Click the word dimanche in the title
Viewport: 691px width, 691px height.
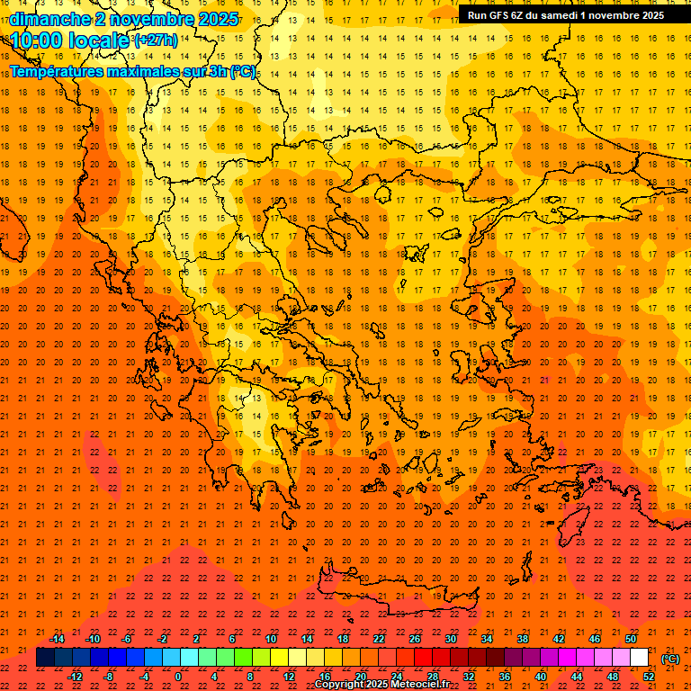coord(49,19)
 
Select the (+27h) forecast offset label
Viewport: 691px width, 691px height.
coord(155,40)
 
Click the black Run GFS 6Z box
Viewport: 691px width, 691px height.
coord(565,14)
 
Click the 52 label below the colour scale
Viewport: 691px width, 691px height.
coord(649,677)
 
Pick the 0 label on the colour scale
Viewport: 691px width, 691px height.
coord(178,677)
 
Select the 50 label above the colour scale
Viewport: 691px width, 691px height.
coord(631,639)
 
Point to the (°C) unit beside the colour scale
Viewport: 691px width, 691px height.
coord(670,659)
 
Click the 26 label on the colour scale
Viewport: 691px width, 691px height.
coord(415,639)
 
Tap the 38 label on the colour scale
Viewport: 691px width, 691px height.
coord(523,639)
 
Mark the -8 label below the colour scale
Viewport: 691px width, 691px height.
coord(109,677)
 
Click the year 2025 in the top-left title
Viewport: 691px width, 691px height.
coord(217,19)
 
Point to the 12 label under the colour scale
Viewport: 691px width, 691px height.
coord(289,677)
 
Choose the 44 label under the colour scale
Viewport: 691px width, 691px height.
coord(577,677)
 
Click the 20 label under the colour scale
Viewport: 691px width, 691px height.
coord(361,677)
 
